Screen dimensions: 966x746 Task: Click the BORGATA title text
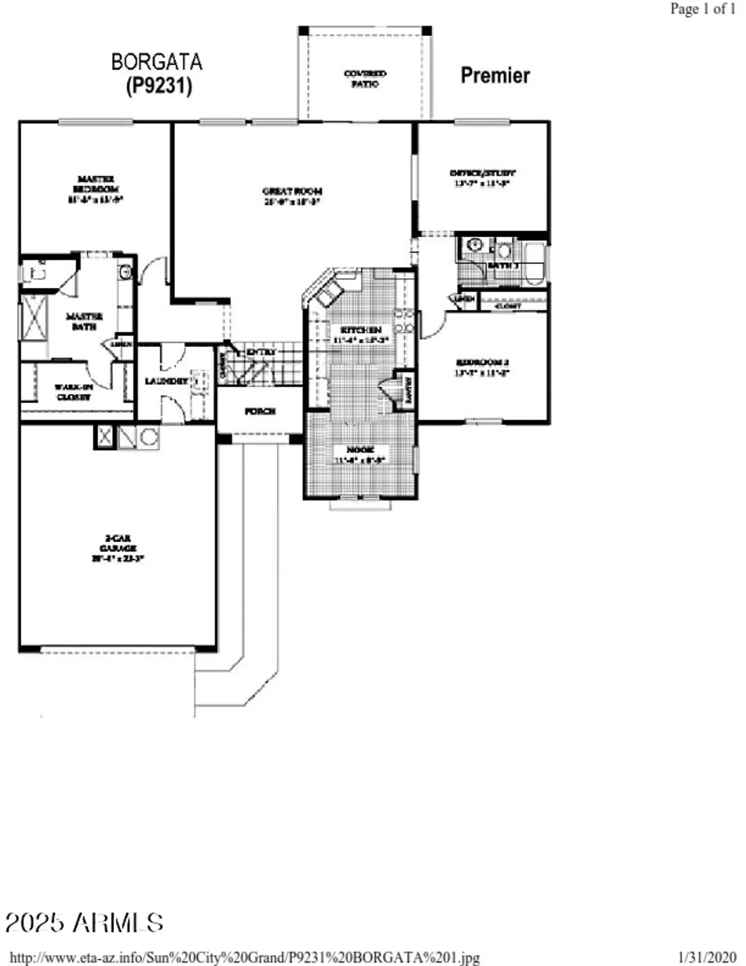pyautogui.click(x=156, y=62)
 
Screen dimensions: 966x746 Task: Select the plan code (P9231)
pyautogui.click(x=158, y=85)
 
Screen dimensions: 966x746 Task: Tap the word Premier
pyautogui.click(x=494, y=75)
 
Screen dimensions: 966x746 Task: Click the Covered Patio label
pyautogui.click(x=365, y=79)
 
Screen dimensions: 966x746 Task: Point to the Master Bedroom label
pyautogui.click(x=95, y=189)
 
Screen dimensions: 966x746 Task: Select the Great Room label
pyautogui.click(x=292, y=196)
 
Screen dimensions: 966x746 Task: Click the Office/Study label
pyautogui.click(x=482, y=178)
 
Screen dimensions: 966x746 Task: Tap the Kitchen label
pyautogui.click(x=360, y=334)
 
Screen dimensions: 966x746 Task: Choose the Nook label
pyautogui.click(x=360, y=454)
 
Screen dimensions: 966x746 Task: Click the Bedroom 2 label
pyautogui.click(x=482, y=366)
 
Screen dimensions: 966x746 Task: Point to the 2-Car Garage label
pyautogui.click(x=118, y=548)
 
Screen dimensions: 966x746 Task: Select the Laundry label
pyautogui.click(x=166, y=381)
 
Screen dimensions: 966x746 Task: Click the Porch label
pyautogui.click(x=260, y=411)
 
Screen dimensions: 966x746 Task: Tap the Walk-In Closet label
pyautogui.click(x=73, y=392)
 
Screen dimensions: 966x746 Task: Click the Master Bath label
pyautogui.click(x=84, y=321)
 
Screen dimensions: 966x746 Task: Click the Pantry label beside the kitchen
pyautogui.click(x=408, y=388)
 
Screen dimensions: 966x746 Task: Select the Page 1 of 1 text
pyautogui.click(x=702, y=9)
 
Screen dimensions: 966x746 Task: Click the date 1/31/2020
pyautogui.click(x=707, y=957)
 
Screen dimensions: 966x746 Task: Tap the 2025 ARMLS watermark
pyautogui.click(x=84, y=922)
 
